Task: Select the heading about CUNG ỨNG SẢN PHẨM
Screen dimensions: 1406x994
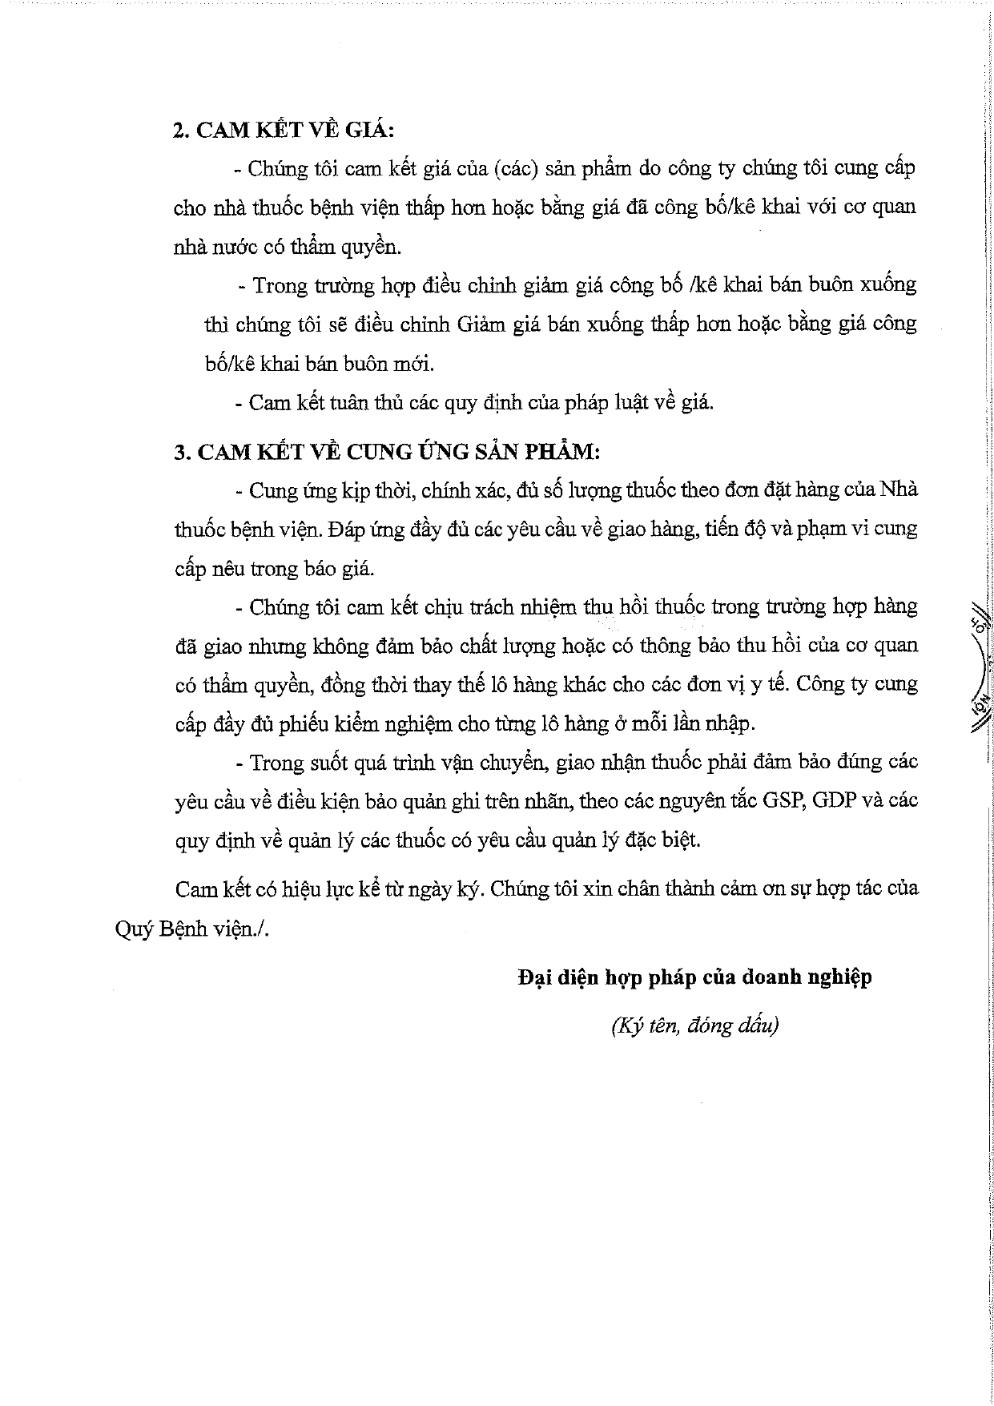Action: [x=387, y=452]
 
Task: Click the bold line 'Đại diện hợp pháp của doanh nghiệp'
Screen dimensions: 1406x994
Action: [x=694, y=977]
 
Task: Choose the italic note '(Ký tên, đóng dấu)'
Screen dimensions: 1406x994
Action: [x=694, y=1025]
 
